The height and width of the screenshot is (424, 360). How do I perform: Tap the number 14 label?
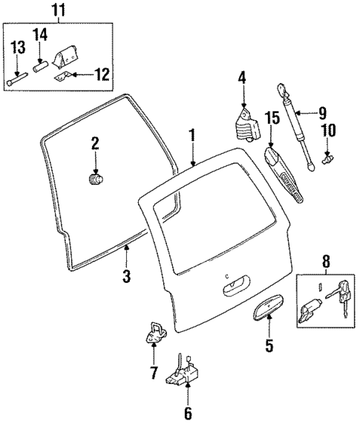40,34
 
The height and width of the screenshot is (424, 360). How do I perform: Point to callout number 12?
102,74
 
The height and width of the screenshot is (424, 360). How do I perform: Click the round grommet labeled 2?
94,180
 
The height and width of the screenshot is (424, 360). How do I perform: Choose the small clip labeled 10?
327,157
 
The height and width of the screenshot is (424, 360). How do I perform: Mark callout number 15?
272,117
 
